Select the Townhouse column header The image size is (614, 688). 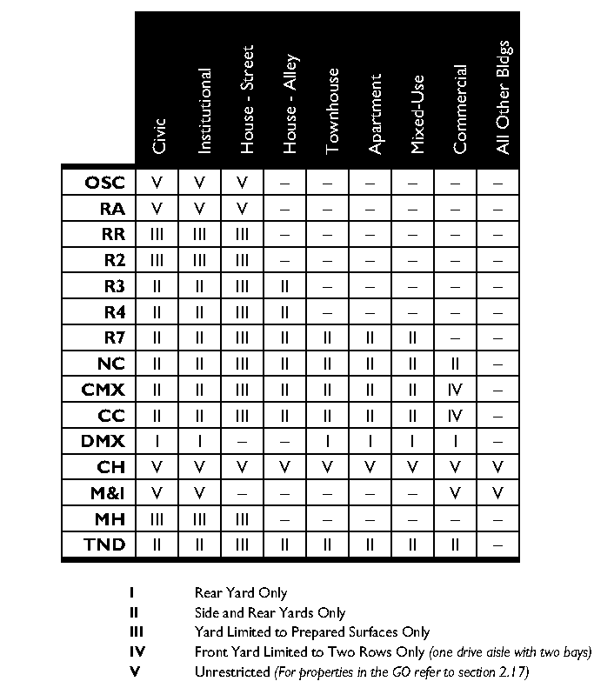coord(332,113)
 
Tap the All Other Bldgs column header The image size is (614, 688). coord(503,97)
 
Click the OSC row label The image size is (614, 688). coord(104,183)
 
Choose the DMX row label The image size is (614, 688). coord(103,441)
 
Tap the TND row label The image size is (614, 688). coord(104,545)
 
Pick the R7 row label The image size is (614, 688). coord(114,337)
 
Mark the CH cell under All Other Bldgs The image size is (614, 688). coord(498,467)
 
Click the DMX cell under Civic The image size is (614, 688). coord(157,441)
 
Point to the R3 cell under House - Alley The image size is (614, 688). coord(286,286)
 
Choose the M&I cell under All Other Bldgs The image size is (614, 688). coord(498,493)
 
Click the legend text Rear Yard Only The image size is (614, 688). coord(241,594)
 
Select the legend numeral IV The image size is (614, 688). coord(135,651)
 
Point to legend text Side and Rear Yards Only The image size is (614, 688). coord(270,613)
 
